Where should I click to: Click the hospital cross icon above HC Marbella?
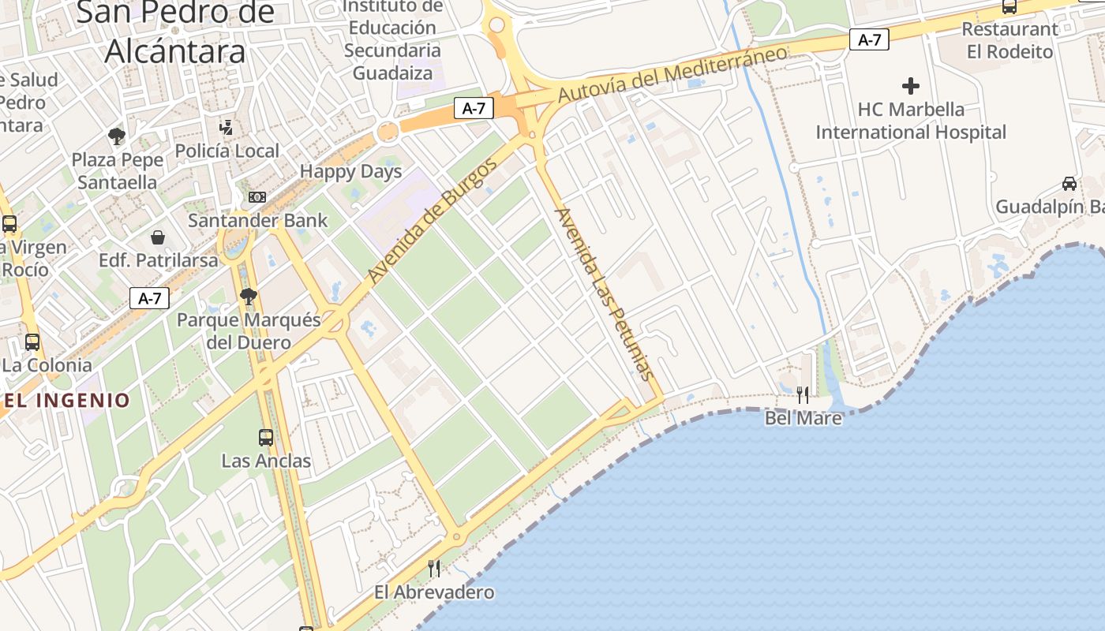[x=911, y=85]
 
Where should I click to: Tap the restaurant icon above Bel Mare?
[x=803, y=394]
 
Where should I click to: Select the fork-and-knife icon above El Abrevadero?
[x=433, y=568]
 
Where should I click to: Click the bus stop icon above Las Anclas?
[x=266, y=437]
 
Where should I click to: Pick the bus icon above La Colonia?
[x=32, y=342]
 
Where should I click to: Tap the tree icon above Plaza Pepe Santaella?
[x=117, y=136]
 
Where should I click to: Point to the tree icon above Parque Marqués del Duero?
[x=249, y=297]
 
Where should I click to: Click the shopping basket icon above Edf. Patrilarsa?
[x=158, y=237]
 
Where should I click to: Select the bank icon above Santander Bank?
[x=257, y=197]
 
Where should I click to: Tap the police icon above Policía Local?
[x=227, y=126]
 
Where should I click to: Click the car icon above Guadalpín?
[x=1069, y=184]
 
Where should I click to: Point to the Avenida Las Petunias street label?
[x=606, y=293]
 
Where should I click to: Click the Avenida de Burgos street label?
[x=433, y=220]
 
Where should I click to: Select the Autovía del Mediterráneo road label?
[x=672, y=73]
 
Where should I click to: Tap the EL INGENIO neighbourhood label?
[x=66, y=400]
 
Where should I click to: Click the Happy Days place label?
[x=350, y=171]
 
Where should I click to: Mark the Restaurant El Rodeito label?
[x=1009, y=40]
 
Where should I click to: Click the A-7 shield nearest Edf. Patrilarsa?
[x=149, y=298]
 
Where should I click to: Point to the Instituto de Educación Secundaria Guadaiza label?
[x=393, y=39]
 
